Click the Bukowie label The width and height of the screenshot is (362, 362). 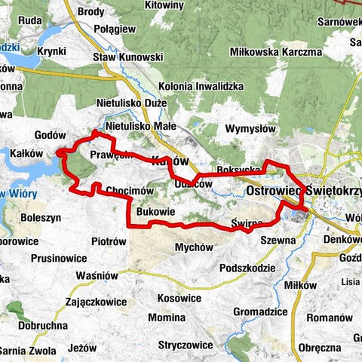[x=157, y=213]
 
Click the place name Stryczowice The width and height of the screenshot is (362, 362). [x=184, y=345]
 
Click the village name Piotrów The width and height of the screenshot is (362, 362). [x=108, y=242]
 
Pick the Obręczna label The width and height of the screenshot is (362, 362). [x=321, y=348]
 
